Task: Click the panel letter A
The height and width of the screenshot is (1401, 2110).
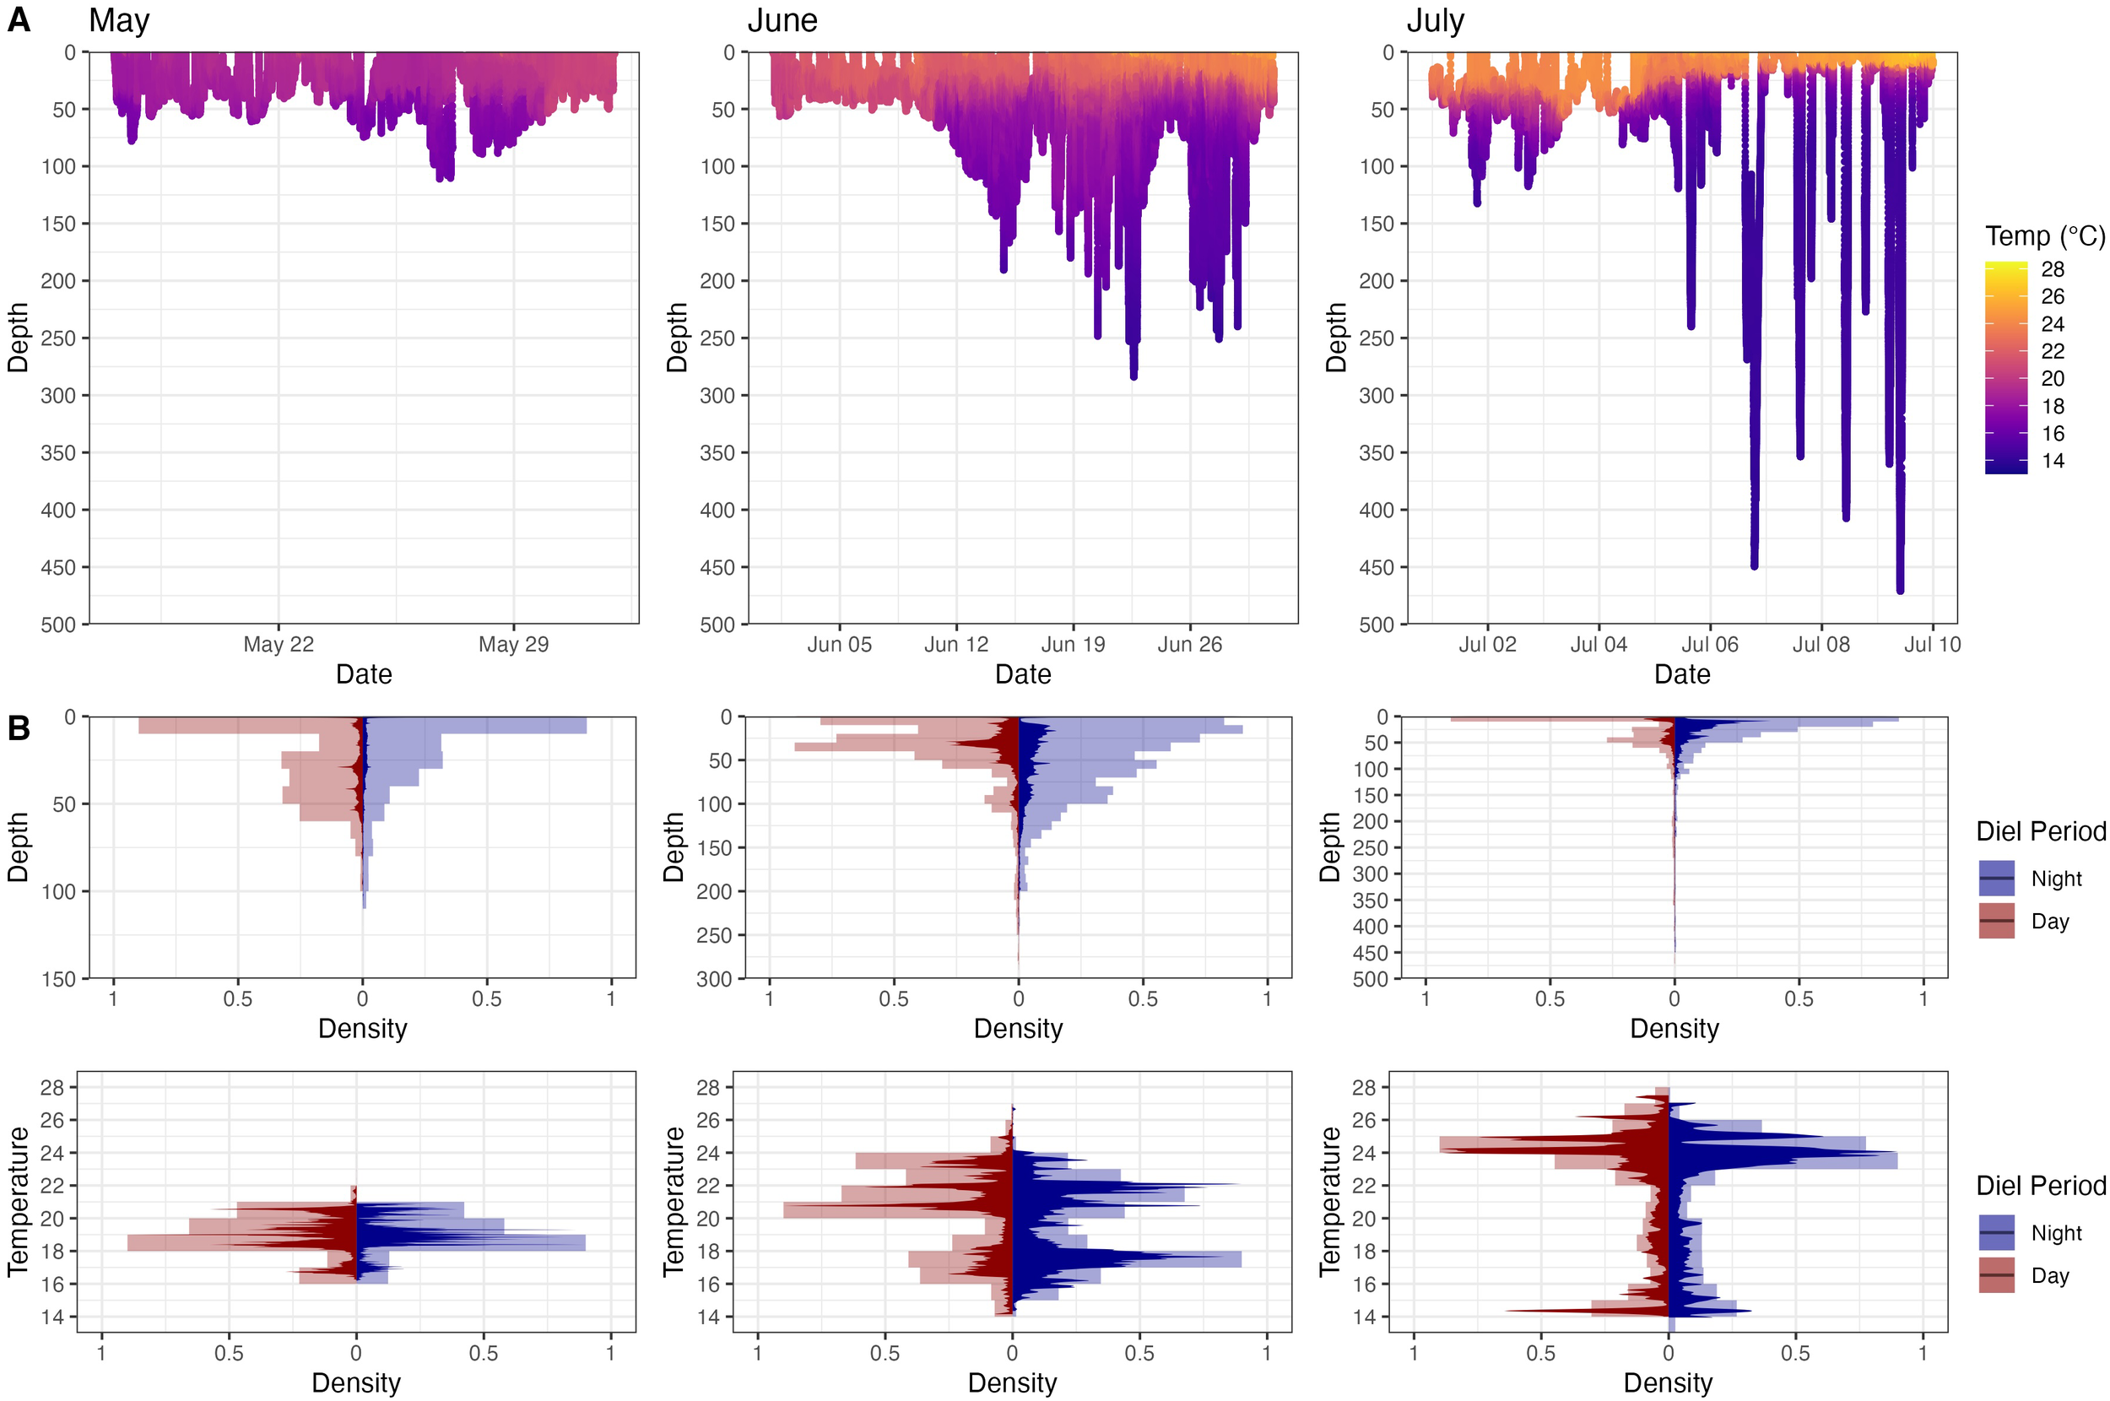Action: click(x=19, y=19)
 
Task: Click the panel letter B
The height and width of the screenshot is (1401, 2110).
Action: click(x=19, y=728)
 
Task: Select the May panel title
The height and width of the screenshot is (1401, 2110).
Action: click(x=119, y=20)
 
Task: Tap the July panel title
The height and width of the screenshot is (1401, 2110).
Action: click(x=1435, y=20)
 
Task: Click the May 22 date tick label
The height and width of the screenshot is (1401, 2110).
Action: click(x=279, y=644)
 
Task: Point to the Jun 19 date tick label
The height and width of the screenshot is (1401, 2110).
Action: click(x=1073, y=644)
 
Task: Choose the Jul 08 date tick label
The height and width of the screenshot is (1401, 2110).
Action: click(x=1821, y=644)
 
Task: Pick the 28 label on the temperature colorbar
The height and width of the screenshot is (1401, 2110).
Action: click(x=2052, y=269)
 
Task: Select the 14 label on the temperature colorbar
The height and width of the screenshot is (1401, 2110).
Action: click(x=2052, y=461)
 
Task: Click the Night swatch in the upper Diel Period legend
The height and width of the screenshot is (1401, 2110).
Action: click(x=1996, y=879)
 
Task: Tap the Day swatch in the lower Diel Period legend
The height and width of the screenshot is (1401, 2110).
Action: click(x=1996, y=1275)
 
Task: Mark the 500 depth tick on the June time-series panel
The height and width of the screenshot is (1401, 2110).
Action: click(x=717, y=625)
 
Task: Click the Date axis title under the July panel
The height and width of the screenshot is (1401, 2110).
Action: click(x=1681, y=674)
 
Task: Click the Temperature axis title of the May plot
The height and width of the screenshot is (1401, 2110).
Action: click(x=19, y=1201)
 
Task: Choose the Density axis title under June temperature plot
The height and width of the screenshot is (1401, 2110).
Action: click(x=1011, y=1383)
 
